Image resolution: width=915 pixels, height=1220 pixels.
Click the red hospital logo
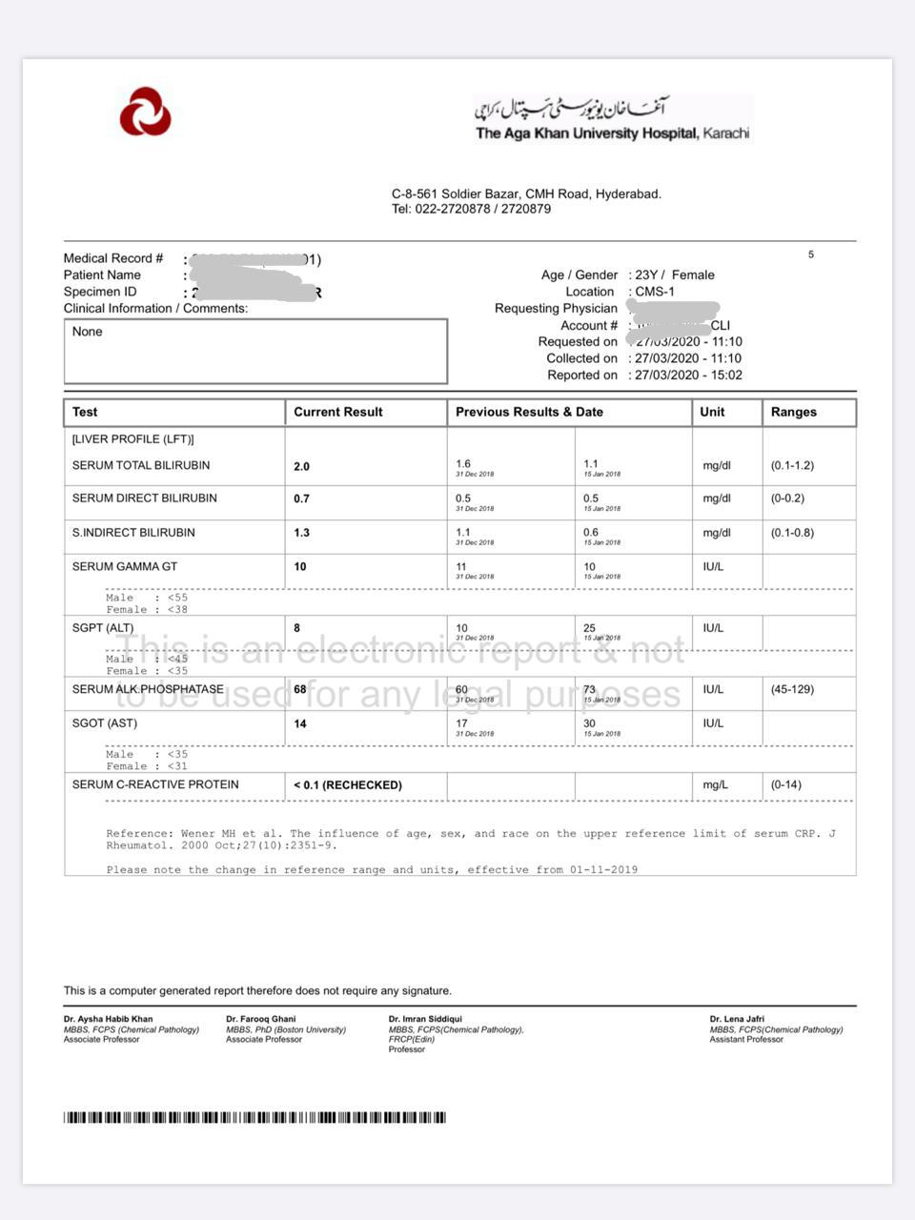[145, 112]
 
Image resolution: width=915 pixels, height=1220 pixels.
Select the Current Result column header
[337, 412]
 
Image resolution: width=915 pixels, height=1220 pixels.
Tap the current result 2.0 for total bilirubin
[301, 466]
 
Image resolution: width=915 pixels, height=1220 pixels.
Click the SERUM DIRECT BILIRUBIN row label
[144, 498]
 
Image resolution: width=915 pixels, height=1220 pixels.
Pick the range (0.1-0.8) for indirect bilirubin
[792, 533]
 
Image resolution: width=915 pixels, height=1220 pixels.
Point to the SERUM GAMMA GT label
[125, 566]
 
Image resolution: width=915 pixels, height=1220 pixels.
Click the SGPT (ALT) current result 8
[297, 628]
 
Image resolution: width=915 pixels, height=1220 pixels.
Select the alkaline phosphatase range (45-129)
[792, 689]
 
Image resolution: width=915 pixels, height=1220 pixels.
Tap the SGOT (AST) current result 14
[300, 723]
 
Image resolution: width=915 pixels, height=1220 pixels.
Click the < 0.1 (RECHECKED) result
[348, 785]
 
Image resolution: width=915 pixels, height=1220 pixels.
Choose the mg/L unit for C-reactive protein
[715, 784]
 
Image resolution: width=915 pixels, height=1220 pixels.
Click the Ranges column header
[793, 412]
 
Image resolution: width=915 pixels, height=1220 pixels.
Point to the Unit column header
[712, 412]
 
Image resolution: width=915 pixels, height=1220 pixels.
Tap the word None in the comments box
[87, 332]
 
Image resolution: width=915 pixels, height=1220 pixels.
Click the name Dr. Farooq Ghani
[260, 1019]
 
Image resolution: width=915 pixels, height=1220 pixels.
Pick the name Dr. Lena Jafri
[737, 1019]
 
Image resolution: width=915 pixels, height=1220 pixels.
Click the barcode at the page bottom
[254, 1117]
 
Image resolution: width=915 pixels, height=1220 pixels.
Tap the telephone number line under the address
[471, 209]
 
